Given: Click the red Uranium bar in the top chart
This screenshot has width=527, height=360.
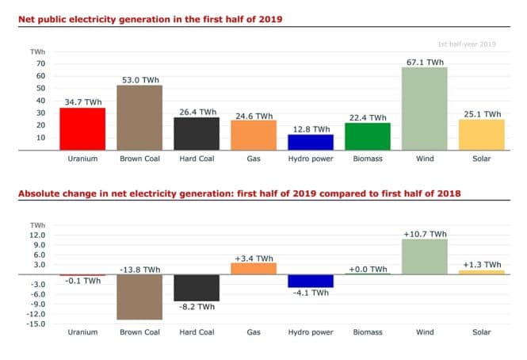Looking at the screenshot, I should coord(82,128).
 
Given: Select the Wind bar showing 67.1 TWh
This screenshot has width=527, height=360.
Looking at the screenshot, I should coord(424,109).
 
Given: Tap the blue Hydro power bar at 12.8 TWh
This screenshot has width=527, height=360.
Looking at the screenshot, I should coord(310,142).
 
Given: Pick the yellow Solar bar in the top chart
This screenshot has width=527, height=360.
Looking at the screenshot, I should coord(481,134).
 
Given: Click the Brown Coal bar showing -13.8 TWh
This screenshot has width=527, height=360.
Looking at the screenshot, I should coord(139,297).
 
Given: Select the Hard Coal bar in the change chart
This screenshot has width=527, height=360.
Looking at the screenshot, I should coord(197,288).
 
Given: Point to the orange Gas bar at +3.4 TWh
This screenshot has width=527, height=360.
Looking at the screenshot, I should coord(254,269).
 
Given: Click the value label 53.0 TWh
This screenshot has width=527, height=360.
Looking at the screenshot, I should coord(140,79).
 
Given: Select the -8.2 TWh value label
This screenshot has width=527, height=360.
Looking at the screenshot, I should coord(196,306).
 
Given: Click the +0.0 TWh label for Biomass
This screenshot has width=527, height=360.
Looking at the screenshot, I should coord(367,269).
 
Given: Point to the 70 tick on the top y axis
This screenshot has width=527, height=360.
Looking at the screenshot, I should coord(40,63).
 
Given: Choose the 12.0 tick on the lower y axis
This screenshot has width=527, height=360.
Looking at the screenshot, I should coord(38,236).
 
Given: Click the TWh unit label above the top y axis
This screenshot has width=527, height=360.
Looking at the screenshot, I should coord(38,52).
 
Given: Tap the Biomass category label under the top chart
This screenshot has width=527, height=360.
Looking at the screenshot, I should coord(367,159).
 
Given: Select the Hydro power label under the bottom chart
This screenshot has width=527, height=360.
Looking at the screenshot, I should coord(310,332).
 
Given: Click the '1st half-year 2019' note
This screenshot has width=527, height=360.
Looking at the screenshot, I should coord(466,44).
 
